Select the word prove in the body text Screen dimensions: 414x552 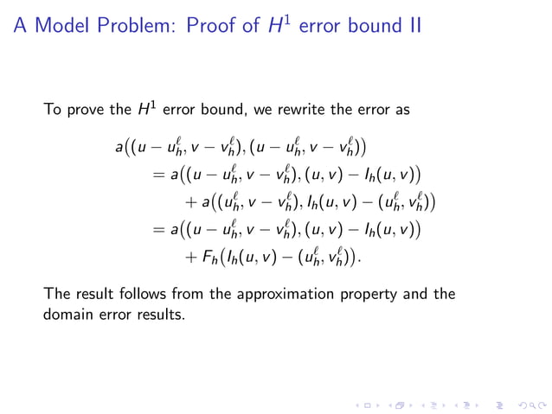pyautogui.click(x=93, y=111)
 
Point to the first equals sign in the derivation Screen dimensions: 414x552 pyautogui.click(x=157, y=175)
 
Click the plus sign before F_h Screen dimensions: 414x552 pyautogui.click(x=190, y=257)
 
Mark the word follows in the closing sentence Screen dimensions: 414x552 pyautogui.click(x=141, y=294)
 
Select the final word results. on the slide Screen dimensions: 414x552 pyautogui.click(x=164, y=314)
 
